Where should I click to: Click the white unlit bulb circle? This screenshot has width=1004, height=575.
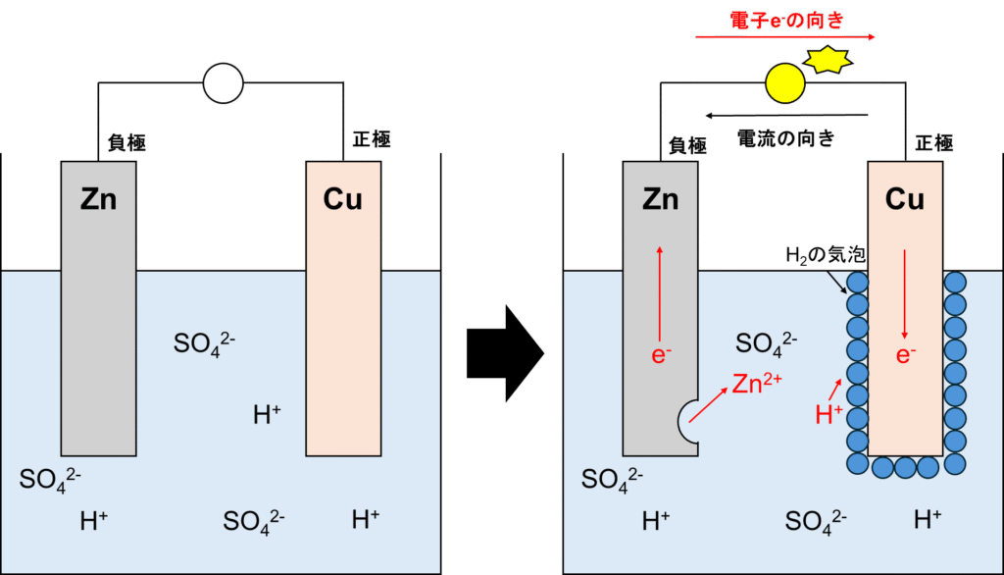click(x=223, y=83)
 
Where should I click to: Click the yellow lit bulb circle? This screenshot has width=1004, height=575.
click(x=784, y=83)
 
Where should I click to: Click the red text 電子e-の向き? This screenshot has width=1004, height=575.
click(x=787, y=21)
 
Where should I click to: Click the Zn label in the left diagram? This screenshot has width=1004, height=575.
click(x=98, y=200)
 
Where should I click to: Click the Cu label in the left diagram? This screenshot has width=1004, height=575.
click(x=343, y=200)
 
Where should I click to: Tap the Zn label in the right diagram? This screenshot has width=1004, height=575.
click(x=660, y=200)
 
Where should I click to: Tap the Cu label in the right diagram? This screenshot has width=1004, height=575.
click(x=905, y=200)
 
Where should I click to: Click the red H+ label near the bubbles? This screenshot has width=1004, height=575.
click(x=828, y=415)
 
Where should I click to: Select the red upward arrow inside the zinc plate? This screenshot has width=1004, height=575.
click(x=659, y=289)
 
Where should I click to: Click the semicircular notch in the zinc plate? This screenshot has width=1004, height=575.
click(x=690, y=422)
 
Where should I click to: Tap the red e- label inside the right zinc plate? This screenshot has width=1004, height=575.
click(x=661, y=355)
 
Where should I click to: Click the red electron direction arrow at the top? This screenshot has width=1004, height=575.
click(x=784, y=37)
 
